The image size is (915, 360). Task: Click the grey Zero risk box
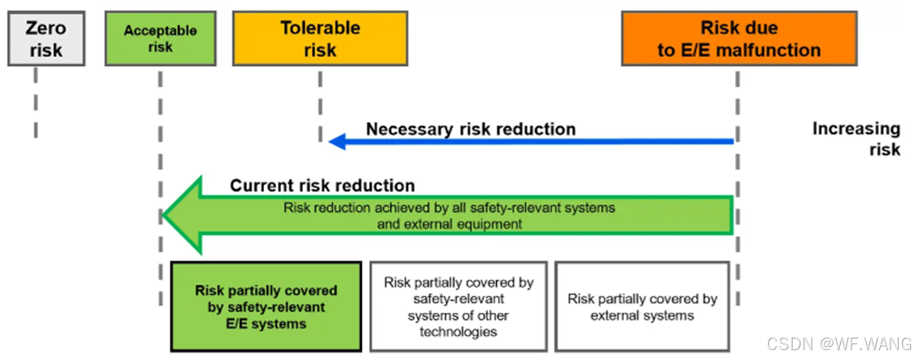(46, 38)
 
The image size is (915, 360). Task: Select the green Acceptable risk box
(161, 38)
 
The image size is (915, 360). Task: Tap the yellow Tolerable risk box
(319, 38)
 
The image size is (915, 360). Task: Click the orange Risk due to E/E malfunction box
(739, 38)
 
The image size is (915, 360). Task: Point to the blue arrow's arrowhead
(334, 142)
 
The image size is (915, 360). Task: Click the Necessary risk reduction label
(470, 129)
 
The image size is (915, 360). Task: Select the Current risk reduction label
(322, 186)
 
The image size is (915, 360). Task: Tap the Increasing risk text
(856, 138)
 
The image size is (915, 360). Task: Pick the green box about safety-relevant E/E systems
(266, 306)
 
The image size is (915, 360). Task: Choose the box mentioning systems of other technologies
(459, 306)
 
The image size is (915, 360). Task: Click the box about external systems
(642, 306)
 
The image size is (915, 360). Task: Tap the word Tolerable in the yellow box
(320, 28)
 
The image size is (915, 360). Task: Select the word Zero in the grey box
(46, 27)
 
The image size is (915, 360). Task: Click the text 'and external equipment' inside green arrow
(450, 224)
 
